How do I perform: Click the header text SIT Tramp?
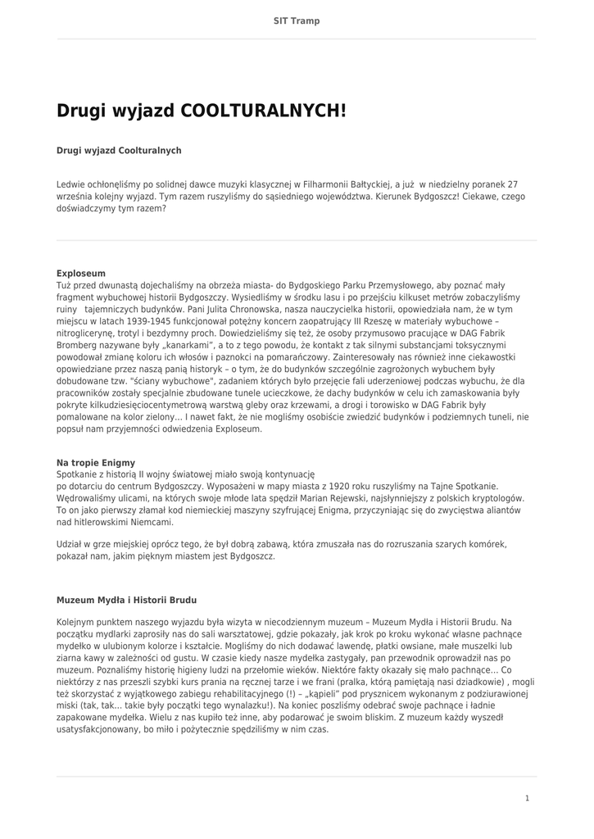click(297, 20)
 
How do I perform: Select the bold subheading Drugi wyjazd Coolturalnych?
click(119, 151)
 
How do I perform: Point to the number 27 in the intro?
click(513, 184)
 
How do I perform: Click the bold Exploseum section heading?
click(81, 273)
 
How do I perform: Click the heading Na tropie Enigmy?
click(96, 462)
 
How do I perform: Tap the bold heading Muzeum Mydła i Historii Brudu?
click(126, 600)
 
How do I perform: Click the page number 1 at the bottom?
click(528, 798)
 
